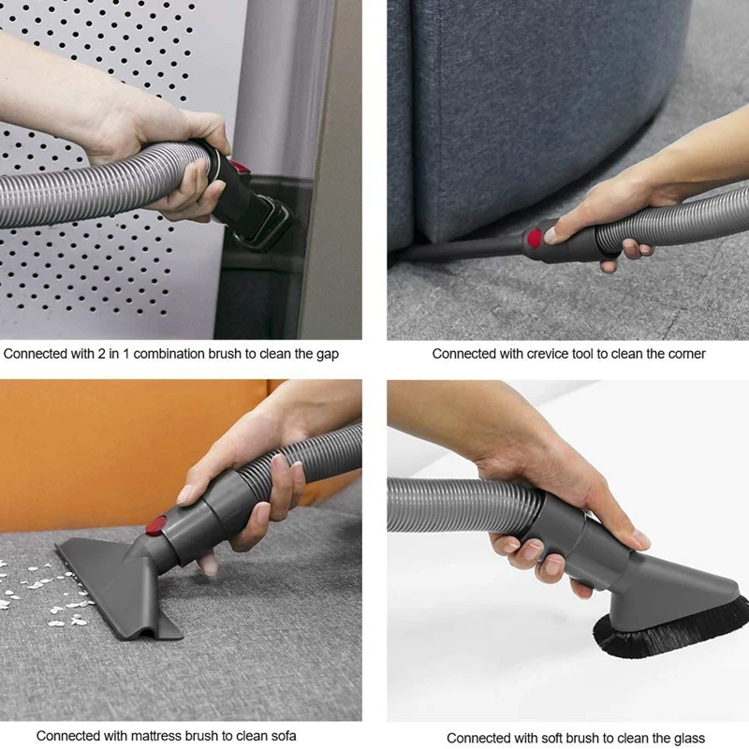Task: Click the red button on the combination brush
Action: (x=240, y=166)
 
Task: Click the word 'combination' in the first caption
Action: (x=185, y=354)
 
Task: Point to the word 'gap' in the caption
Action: (x=328, y=354)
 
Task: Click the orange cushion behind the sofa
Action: (x=94, y=440)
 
